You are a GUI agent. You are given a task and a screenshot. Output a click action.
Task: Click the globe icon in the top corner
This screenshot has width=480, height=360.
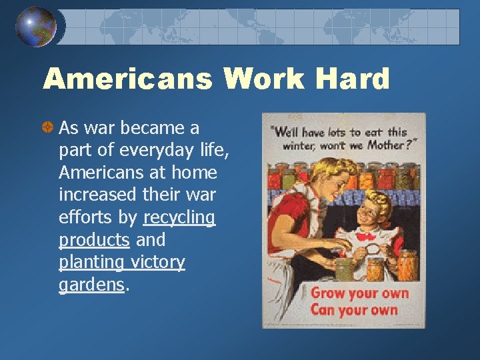(x=36, y=26)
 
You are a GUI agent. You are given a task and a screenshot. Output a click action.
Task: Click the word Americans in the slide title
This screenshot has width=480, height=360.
(x=127, y=79)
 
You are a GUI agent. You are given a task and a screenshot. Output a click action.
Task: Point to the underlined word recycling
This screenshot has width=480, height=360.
(x=179, y=217)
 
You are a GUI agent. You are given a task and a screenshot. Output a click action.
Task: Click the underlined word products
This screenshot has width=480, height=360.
(x=94, y=240)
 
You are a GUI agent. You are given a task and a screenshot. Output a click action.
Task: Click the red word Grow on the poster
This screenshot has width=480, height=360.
(x=327, y=293)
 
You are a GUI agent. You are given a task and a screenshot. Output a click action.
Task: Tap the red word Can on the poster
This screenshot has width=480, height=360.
(x=323, y=309)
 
